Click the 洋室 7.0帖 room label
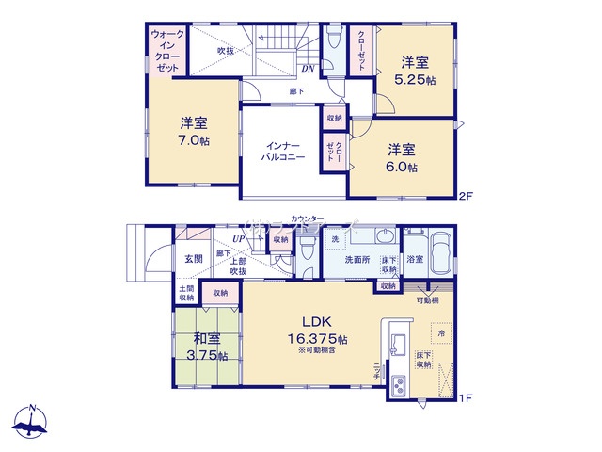pyautogui.click(x=195, y=131)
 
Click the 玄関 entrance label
pyautogui.click(x=194, y=258)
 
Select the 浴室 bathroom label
pyautogui.click(x=414, y=259)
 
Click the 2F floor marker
pyautogui.click(x=465, y=196)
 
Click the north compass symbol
pyautogui.click(x=32, y=423)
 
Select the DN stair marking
pyautogui.click(x=308, y=68)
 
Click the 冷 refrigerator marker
pyautogui.click(x=439, y=331)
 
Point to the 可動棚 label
pyautogui.click(x=428, y=300)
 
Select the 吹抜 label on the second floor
pyautogui.click(x=226, y=50)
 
